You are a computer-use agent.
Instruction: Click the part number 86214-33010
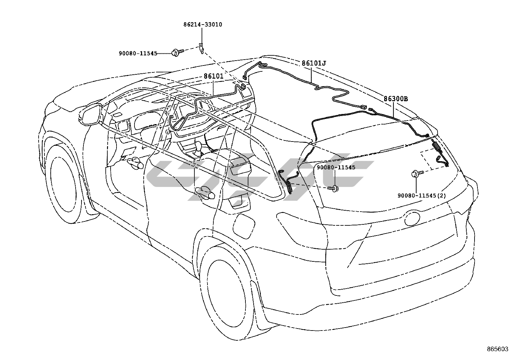point(203,25)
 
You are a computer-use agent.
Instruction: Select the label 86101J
point(314,63)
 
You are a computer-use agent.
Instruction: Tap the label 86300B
point(396,99)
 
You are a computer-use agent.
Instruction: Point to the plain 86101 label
point(213,76)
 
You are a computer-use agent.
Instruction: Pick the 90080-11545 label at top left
point(138,53)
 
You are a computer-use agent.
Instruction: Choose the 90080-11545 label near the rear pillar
point(336,167)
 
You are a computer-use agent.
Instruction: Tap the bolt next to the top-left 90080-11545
point(175,52)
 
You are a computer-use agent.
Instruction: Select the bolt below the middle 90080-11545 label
point(334,188)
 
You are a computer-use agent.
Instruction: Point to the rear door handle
point(204,193)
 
